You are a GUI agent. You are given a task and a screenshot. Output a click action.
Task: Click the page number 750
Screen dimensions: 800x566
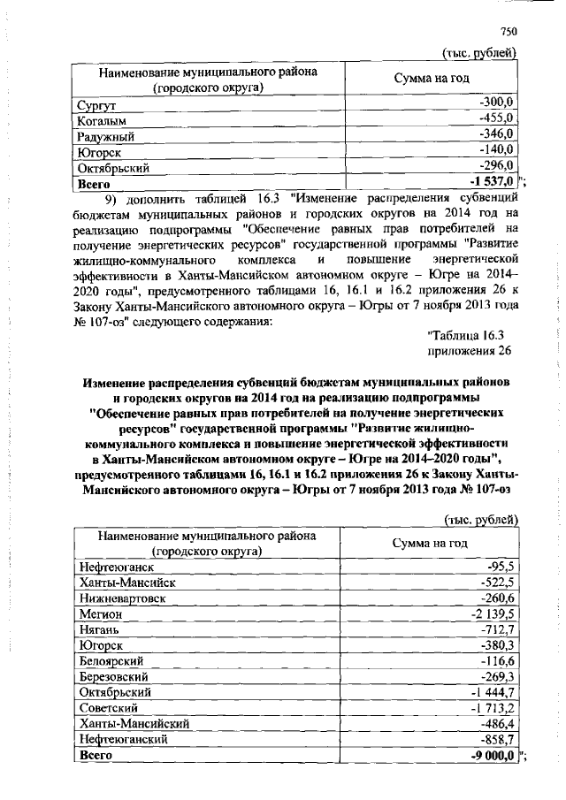click(507, 31)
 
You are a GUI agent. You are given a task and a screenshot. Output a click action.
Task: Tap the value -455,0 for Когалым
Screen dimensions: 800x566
click(497, 120)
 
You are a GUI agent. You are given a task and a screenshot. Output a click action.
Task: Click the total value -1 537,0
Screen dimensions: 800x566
click(493, 182)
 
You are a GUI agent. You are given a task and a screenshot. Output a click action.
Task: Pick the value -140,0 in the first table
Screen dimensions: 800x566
click(497, 151)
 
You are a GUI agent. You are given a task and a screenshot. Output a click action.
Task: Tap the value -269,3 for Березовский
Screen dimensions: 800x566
click(498, 676)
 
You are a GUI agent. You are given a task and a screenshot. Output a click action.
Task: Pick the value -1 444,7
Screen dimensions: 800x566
click(493, 691)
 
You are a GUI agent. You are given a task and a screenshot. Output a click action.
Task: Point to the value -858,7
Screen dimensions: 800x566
click(498, 738)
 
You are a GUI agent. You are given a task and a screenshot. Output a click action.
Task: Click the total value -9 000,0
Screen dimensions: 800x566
click(493, 754)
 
